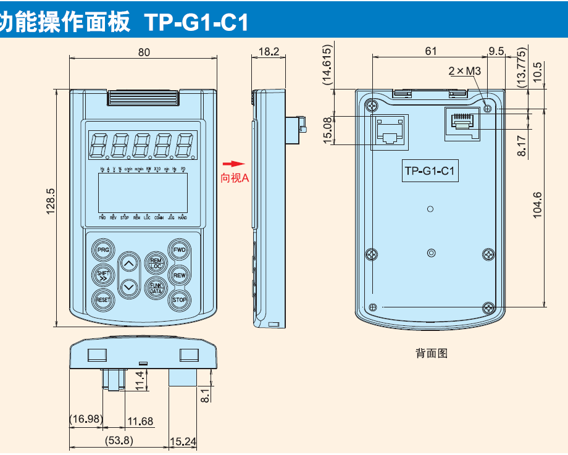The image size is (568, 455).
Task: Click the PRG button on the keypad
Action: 102,250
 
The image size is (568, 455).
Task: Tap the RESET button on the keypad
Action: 102,299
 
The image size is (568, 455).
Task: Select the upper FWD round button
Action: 179,250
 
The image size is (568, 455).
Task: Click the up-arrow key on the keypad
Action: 128,264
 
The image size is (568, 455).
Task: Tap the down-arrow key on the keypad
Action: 128,287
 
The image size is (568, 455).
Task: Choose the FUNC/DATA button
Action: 155,287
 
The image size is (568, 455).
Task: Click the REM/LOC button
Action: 155,263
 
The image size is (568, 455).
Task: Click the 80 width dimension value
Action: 143,52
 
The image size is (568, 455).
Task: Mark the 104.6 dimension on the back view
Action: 537,205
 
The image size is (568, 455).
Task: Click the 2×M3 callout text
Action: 464,71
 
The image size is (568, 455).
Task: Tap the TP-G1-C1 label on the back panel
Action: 430,172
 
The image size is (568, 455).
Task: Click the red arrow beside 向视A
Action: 230,164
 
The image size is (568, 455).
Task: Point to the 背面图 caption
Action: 431,353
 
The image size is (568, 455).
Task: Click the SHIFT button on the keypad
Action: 102,275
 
